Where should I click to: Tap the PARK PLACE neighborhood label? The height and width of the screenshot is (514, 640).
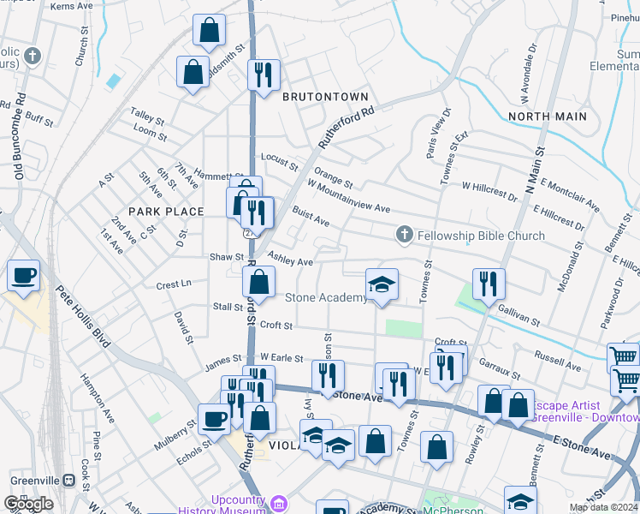coord(166,212)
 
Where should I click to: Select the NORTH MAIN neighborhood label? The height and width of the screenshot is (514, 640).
coord(548,116)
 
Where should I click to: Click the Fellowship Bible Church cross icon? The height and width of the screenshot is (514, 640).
coord(404,235)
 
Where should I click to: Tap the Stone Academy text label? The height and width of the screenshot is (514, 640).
coord(326,298)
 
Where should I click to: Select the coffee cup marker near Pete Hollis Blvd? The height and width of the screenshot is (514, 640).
coord(23,276)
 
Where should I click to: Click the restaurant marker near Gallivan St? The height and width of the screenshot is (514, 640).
coord(489,284)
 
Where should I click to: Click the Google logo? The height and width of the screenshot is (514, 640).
coord(28,504)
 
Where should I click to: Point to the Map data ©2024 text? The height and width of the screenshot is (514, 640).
coord(603,507)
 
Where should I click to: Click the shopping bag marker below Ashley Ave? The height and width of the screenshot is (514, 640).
coord(258,281)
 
